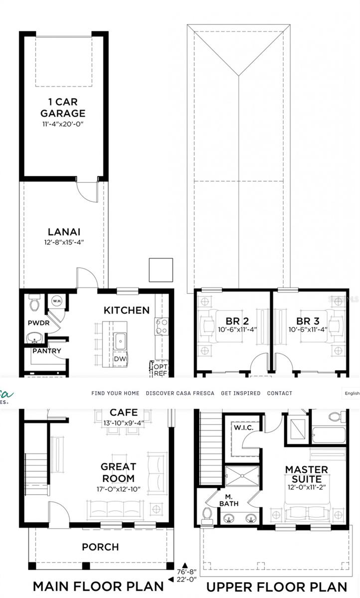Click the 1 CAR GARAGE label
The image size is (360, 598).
point(63,107)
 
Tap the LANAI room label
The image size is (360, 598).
point(64,232)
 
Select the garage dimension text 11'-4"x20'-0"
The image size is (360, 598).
point(63,123)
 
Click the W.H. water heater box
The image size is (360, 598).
point(56,301)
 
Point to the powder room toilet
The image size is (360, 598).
point(35,302)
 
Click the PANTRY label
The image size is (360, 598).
point(47,351)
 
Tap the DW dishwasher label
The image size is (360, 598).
point(120,359)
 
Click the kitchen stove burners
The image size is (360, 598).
point(162,326)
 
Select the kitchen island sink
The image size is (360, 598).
point(120,341)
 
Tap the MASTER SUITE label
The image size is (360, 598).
point(306,474)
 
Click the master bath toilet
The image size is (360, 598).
point(207,514)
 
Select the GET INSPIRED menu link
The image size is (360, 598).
point(240,393)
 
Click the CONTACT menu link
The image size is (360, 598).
point(280,393)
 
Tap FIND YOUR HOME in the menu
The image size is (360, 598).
point(115,393)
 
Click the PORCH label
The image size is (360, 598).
point(100,547)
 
